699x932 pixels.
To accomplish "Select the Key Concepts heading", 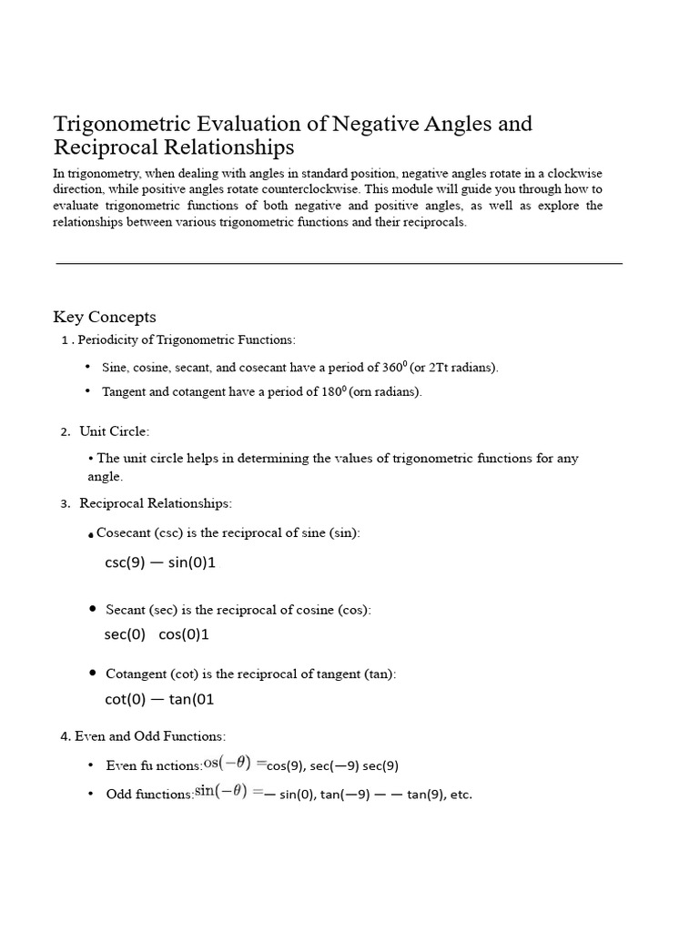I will click(x=105, y=317).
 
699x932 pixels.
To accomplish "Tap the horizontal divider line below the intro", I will click(x=339, y=263).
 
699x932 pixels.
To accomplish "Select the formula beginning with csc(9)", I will click(x=160, y=562).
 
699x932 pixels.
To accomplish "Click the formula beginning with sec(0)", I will click(x=157, y=634).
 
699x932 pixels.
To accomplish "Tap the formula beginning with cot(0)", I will click(x=159, y=699).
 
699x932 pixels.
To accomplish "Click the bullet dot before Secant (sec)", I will click(x=94, y=608).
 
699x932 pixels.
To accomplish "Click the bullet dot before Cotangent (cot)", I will click(x=94, y=673).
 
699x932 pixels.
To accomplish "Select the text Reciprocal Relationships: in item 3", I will click(x=156, y=502).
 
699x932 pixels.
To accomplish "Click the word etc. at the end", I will click(x=461, y=795).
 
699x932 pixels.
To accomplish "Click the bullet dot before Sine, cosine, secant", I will click(x=88, y=367).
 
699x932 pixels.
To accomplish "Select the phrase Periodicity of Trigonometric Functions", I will click(x=187, y=339).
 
